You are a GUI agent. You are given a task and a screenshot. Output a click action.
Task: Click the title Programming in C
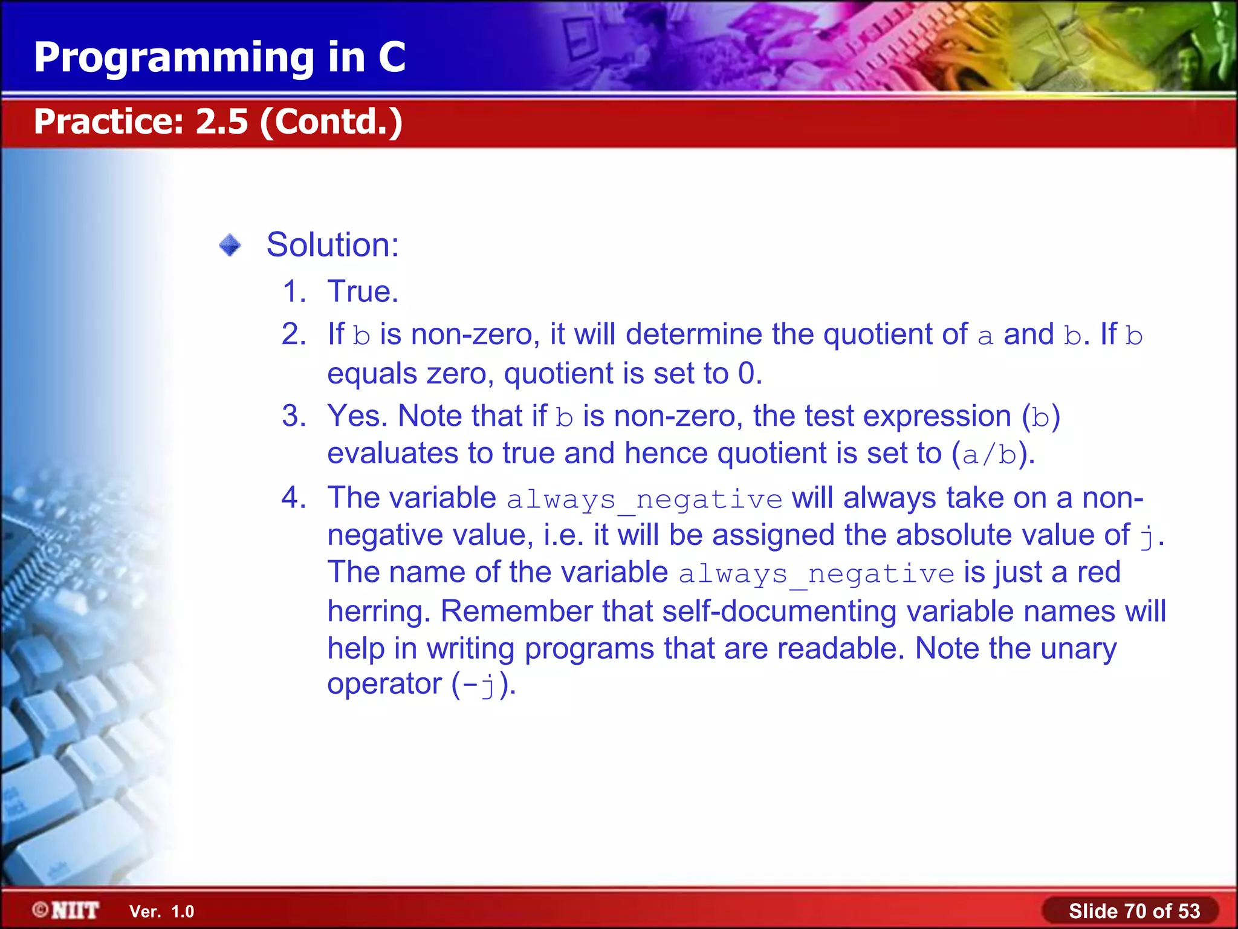click(219, 57)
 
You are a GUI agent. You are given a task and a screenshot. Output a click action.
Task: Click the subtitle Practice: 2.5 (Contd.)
click(218, 122)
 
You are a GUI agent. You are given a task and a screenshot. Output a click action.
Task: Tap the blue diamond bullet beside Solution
click(230, 246)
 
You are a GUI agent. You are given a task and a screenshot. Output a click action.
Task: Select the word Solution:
click(332, 245)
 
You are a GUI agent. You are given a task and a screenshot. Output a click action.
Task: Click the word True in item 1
click(361, 292)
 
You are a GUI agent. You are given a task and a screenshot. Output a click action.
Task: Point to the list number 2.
click(294, 334)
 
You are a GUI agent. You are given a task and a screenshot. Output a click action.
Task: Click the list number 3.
click(294, 416)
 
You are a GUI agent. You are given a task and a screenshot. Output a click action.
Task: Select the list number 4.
click(294, 498)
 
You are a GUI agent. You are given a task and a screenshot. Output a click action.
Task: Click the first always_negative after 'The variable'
click(644, 500)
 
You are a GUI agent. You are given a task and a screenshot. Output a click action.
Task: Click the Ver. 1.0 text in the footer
click(161, 911)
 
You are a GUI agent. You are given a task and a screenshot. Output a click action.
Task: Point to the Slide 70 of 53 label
click(1133, 911)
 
